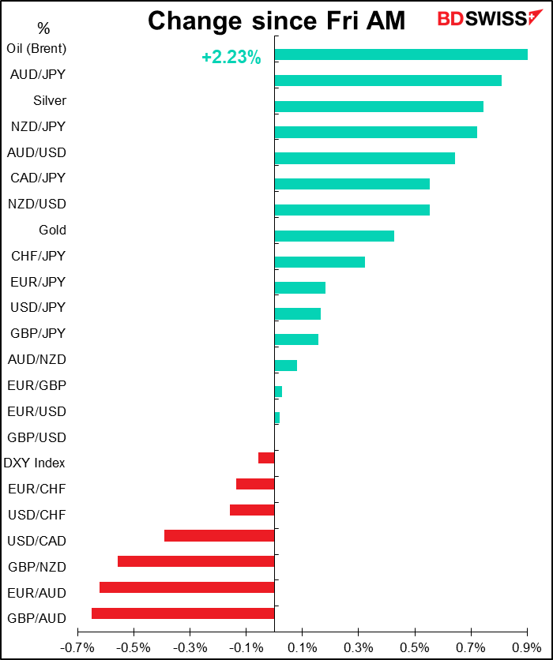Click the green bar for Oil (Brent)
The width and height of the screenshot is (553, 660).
(401, 54)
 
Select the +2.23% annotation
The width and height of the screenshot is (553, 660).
(231, 58)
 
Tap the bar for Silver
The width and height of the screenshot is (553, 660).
(378, 107)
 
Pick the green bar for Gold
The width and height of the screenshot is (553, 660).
(334, 236)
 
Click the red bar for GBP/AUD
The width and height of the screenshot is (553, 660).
(183, 613)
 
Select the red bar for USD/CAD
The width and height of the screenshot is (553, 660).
(220, 536)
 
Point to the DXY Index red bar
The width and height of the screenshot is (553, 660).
(266, 458)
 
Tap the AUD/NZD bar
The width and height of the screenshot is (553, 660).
(285, 366)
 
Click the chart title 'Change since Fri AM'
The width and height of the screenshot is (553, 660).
(276, 21)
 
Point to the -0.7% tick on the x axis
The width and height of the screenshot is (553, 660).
(77, 647)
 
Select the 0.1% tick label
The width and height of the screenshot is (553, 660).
(302, 647)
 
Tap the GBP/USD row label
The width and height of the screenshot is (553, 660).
(36, 437)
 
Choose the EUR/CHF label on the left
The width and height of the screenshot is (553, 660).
(36, 489)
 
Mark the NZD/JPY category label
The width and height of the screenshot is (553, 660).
(38, 126)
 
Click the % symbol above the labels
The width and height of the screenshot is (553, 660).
(43, 29)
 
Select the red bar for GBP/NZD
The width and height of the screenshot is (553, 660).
(196, 561)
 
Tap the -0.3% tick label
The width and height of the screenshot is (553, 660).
(190, 647)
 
